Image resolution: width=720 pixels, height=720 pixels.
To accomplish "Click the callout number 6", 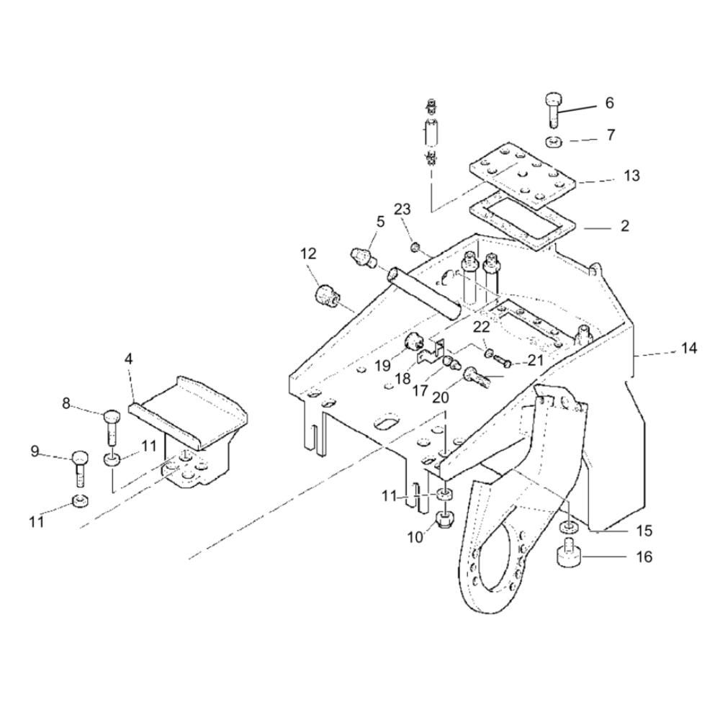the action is click(609, 103).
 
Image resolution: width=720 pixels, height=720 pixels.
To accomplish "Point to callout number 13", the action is click(632, 176).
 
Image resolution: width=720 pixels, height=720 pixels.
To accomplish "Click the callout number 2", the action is click(624, 226).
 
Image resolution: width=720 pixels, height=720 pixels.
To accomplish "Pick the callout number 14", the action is click(688, 348).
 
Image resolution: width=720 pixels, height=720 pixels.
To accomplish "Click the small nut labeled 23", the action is click(415, 248).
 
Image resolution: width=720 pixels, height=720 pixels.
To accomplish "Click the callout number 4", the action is click(129, 359).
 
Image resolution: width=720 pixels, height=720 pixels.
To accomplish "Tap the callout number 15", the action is click(644, 531).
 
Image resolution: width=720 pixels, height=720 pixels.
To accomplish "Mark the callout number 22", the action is click(482, 327).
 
